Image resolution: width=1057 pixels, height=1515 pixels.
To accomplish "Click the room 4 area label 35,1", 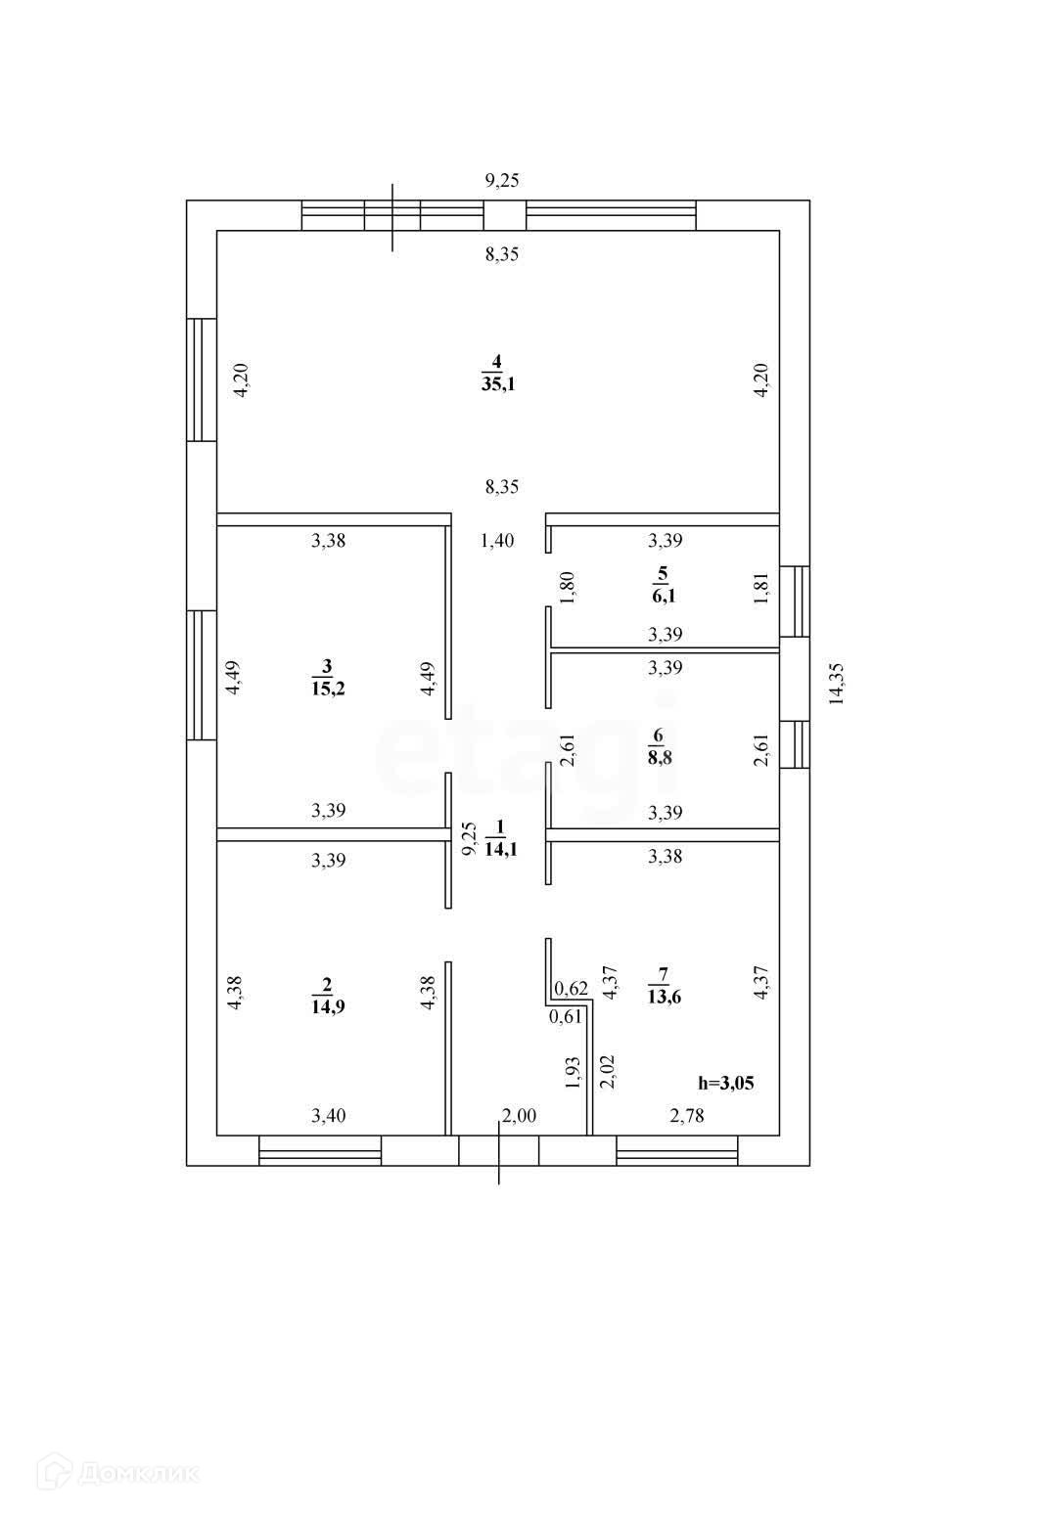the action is [497, 384].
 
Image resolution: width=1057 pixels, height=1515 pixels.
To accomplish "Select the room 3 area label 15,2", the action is [329, 689].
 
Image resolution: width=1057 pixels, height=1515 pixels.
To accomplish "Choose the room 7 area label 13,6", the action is [664, 997].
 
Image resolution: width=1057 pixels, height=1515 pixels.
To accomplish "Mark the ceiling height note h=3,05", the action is [725, 1083].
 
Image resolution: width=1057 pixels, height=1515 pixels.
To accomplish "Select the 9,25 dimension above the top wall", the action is [502, 180].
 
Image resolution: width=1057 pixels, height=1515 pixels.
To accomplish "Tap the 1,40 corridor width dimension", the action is [497, 540].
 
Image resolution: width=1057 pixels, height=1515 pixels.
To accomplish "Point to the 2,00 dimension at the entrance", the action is [519, 1116].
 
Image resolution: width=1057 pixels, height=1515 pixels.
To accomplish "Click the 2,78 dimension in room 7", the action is [686, 1116].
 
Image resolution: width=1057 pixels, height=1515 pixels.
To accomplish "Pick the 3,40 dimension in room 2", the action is [328, 1116].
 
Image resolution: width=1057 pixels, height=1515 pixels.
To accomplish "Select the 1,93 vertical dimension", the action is [574, 1073].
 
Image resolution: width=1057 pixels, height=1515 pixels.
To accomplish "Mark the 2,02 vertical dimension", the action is [606, 1071].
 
